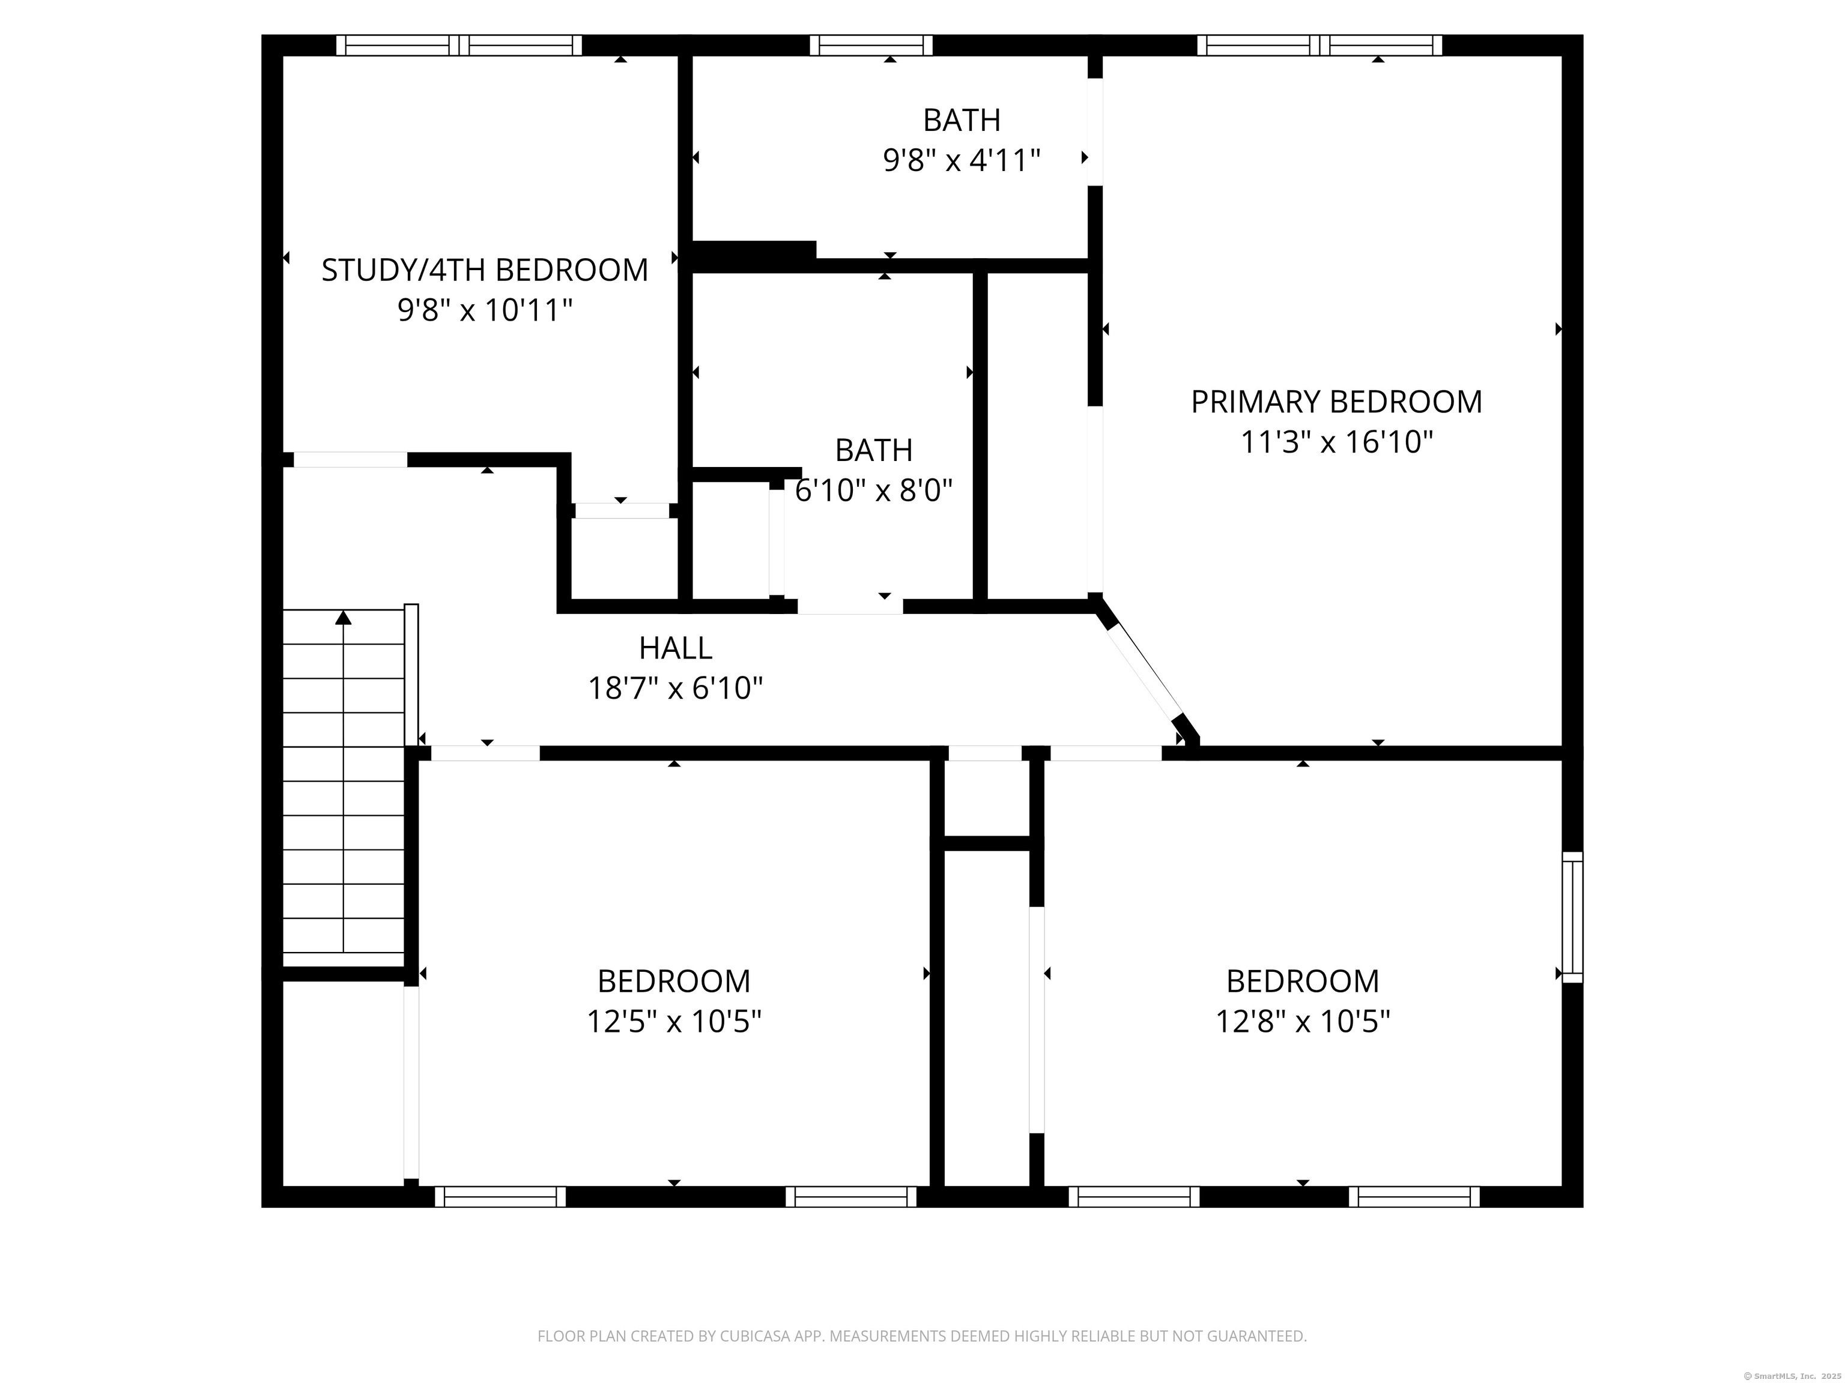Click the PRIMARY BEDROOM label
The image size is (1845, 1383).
(1335, 402)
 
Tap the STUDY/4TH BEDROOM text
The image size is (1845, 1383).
(485, 270)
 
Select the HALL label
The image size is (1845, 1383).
(676, 648)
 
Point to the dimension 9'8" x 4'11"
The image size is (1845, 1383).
(962, 160)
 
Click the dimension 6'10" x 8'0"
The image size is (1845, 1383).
(873, 490)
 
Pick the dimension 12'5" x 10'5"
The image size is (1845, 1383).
(674, 1021)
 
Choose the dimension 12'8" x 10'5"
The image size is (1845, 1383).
(1302, 1021)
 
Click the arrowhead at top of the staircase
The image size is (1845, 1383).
(344, 618)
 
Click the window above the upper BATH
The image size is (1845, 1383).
(871, 45)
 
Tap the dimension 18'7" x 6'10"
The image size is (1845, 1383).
(676, 688)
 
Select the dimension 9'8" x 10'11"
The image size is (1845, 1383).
(485, 311)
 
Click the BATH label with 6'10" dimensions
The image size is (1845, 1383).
(873, 450)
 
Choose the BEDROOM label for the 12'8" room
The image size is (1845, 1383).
(1302, 981)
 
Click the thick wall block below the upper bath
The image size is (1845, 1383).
(753, 255)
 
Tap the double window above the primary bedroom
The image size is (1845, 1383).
(1319, 45)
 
